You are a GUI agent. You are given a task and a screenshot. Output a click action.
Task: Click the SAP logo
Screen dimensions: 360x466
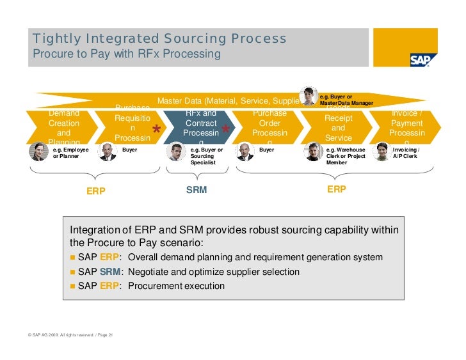coord(423,59)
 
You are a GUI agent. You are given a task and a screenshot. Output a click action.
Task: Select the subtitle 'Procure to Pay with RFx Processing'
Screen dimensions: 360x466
coord(126,54)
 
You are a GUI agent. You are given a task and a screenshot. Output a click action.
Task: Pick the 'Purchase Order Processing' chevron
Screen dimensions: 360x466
coord(269,126)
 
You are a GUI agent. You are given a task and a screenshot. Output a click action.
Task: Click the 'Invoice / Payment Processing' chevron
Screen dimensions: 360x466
coord(407,126)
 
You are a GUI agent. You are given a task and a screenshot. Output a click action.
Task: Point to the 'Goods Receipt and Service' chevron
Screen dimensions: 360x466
coord(339,126)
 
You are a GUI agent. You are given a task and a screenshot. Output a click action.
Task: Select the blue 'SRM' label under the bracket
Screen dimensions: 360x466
coord(197,190)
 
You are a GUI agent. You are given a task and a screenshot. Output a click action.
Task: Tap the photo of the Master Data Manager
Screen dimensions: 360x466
coord(309,96)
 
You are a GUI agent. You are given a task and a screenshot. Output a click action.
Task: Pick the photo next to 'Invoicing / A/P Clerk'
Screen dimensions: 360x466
coord(382,152)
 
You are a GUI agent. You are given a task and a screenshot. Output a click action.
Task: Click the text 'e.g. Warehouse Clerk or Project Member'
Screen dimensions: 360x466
coord(346,156)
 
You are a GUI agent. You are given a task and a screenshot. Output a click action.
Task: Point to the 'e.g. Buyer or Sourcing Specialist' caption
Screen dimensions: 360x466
coord(207,156)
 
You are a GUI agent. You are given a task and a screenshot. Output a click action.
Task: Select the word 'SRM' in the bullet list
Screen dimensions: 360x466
coord(110,272)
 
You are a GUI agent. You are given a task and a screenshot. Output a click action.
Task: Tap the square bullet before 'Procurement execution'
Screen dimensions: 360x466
coord(73,286)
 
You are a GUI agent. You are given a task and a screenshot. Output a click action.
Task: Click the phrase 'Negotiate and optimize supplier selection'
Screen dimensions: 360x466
coord(214,272)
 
